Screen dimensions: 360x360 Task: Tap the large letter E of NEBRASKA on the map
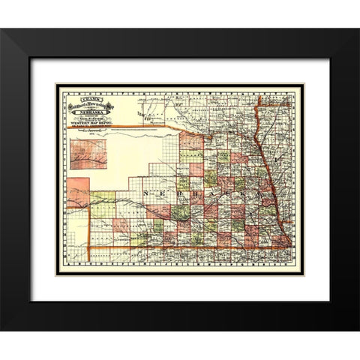click(157, 193)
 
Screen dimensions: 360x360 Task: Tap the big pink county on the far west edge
click(77, 192)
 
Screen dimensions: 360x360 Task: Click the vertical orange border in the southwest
click(89, 232)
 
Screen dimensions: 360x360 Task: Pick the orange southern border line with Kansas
click(187, 247)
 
